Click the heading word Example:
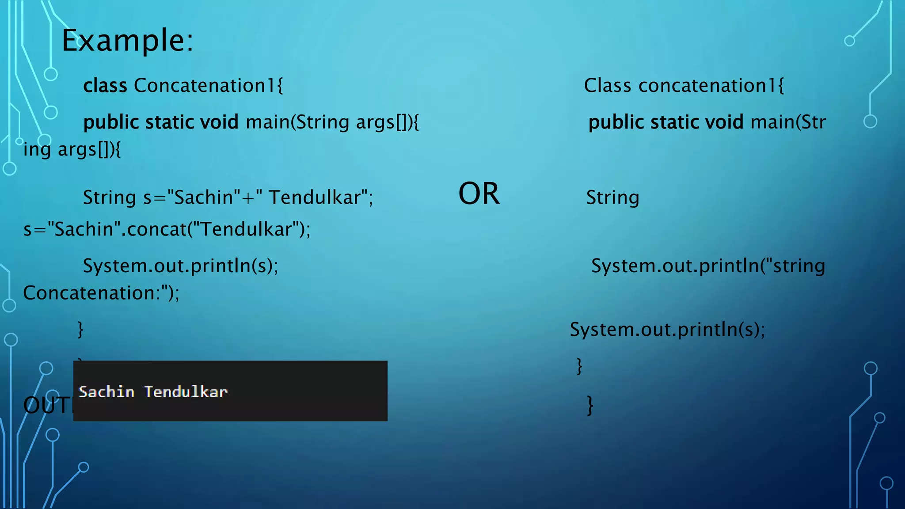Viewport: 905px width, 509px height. pos(127,41)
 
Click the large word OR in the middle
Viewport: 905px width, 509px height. pos(479,194)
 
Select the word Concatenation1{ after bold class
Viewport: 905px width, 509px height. pos(208,85)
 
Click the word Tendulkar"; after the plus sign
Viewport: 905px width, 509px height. pos(321,198)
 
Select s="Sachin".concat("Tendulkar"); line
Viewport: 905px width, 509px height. pos(167,229)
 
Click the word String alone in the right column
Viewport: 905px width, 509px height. pos(612,198)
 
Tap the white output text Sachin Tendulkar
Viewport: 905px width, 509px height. pos(153,392)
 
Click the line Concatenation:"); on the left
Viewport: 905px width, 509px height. pos(101,293)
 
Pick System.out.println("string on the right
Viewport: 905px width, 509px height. pos(708,266)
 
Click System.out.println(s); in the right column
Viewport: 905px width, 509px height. pos(667,330)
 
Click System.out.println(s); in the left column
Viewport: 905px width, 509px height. pos(181,266)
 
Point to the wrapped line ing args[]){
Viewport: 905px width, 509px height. pos(72,149)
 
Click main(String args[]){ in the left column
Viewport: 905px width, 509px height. pos(332,122)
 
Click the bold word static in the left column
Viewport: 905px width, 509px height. pos(170,122)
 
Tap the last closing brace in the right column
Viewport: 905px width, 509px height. pos(590,406)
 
